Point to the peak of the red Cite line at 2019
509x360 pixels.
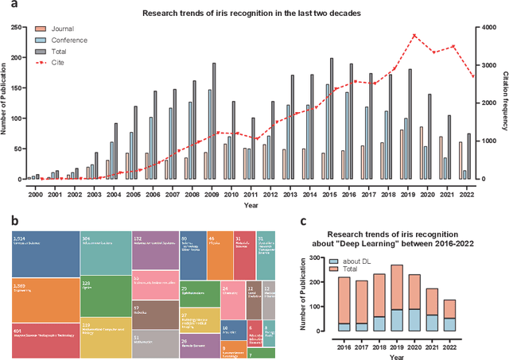pos(414,35)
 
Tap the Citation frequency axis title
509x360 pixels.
pos(503,103)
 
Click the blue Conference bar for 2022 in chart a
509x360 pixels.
pos(464,175)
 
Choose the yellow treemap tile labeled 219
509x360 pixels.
pos(103,336)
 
